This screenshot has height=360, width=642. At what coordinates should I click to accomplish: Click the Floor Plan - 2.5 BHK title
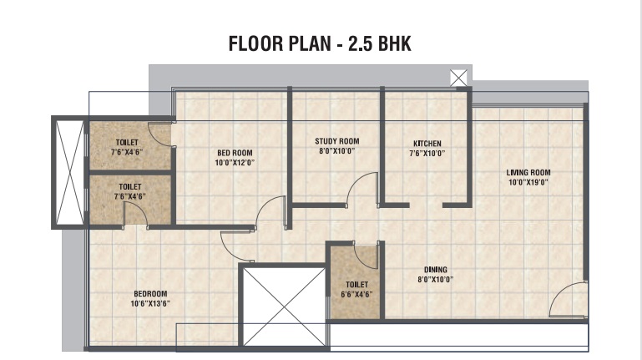tap(320, 43)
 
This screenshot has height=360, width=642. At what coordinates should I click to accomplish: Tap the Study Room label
tap(337, 141)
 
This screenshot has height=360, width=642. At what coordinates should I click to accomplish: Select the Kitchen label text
tap(427, 144)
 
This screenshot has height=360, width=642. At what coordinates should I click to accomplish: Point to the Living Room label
tap(528, 172)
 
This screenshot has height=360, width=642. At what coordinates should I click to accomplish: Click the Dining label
tap(435, 270)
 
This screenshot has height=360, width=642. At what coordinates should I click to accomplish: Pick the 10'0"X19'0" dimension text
tap(528, 182)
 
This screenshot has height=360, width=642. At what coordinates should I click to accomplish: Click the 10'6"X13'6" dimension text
tap(150, 303)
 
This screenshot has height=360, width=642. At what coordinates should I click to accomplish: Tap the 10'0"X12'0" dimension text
tap(235, 163)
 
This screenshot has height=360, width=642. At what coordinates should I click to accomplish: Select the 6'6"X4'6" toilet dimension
tap(356, 294)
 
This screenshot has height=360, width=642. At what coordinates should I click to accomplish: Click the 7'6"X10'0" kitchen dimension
tap(427, 154)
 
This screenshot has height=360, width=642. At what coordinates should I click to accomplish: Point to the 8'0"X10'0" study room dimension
tap(337, 151)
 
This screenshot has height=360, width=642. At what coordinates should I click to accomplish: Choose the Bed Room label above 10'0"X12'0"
tap(235, 153)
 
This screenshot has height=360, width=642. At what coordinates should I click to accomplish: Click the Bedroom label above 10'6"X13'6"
tap(150, 294)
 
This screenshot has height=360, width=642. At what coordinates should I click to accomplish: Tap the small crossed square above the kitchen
tap(458, 78)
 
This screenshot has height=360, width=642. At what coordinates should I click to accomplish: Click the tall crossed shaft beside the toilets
tap(69, 172)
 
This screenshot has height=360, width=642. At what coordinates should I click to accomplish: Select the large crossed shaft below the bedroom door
tap(285, 307)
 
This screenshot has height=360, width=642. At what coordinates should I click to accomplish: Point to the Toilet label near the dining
tap(356, 284)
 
